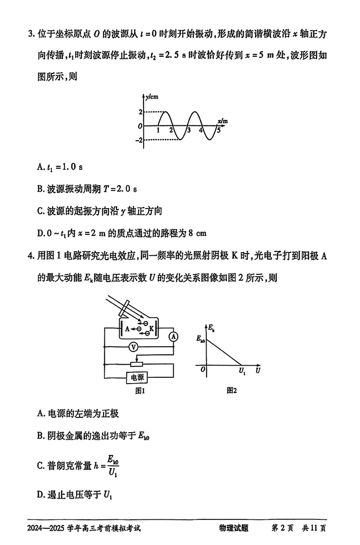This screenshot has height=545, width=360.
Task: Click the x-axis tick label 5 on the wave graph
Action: point(219,130)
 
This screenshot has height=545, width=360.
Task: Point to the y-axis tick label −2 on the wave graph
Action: point(140,140)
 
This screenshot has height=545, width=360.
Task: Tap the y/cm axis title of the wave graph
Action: point(152,97)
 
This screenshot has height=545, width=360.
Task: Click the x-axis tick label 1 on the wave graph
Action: point(159,130)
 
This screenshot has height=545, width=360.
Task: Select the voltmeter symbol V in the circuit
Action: point(132,347)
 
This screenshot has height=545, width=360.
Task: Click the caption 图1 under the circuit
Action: point(139,391)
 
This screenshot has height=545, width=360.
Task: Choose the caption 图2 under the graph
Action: point(232,390)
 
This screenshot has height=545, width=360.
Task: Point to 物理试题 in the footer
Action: point(234,529)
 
